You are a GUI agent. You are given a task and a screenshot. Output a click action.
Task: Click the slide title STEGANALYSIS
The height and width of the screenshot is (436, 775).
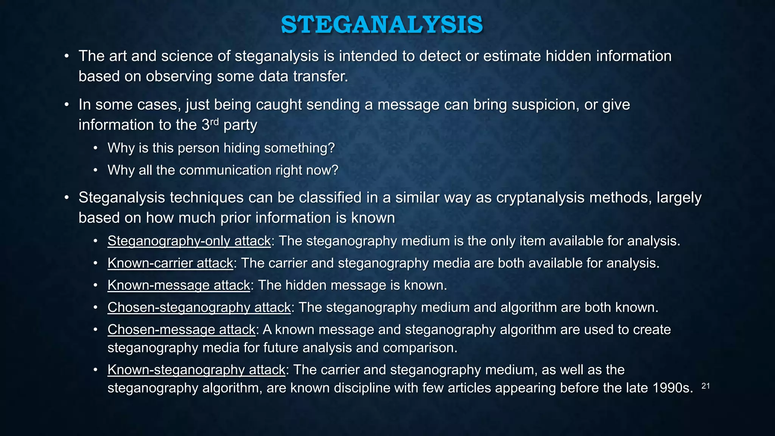tap(382, 25)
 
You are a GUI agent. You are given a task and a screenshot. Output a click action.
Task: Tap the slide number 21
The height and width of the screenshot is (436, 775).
tap(705, 386)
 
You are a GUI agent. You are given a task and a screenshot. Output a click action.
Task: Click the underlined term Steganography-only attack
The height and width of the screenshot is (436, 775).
tap(189, 241)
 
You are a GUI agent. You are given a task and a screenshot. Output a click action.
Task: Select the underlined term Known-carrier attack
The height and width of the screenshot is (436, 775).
tap(170, 263)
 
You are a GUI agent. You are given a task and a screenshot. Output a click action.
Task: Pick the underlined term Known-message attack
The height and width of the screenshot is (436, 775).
tap(179, 285)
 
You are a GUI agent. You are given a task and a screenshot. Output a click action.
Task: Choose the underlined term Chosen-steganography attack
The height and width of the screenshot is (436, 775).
tap(199, 307)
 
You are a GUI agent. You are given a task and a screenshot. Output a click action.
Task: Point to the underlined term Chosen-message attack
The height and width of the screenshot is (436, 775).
tap(181, 330)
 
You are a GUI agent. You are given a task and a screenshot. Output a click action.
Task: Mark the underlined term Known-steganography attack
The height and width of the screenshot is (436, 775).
tap(196, 370)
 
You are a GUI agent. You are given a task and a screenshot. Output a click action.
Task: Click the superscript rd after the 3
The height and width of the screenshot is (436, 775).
tap(215, 121)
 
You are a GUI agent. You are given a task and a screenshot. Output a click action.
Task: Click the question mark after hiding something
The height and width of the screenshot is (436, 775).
tap(331, 148)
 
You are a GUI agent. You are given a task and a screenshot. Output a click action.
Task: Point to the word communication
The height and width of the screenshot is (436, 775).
tap(225, 170)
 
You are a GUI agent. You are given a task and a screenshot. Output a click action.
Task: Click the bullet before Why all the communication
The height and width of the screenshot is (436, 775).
tap(96, 171)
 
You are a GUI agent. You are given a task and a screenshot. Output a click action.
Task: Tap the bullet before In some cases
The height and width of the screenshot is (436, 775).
tap(67, 105)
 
